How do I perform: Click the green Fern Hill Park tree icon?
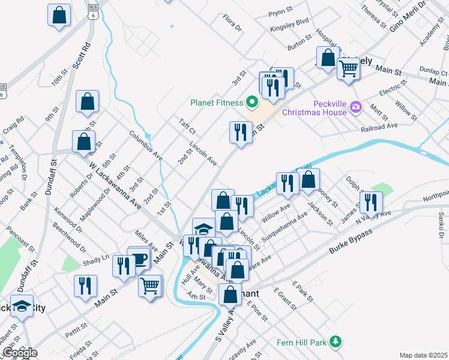click(x=336, y=343)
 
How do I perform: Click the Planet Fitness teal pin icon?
click(x=253, y=101)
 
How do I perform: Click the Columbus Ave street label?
click(x=146, y=144)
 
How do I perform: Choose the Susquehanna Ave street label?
click(x=282, y=228)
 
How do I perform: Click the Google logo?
click(x=20, y=353)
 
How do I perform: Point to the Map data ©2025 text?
click(x=423, y=355)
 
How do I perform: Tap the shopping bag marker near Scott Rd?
click(x=88, y=102)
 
